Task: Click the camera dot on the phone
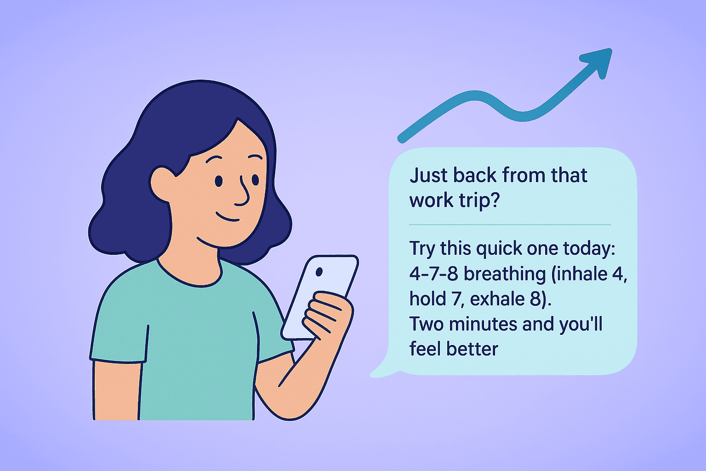pyautogui.click(x=319, y=272)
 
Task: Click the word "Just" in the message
pyautogui.click(x=428, y=176)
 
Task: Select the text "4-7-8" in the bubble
pyautogui.click(x=433, y=274)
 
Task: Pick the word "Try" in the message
pyautogui.click(x=422, y=249)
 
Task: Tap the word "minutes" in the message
pyautogui.click(x=483, y=324)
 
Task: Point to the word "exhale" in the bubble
pyautogui.click(x=498, y=299)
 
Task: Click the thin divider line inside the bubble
pyautogui.click(x=510, y=224)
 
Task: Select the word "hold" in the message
pyautogui.click(x=427, y=299)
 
